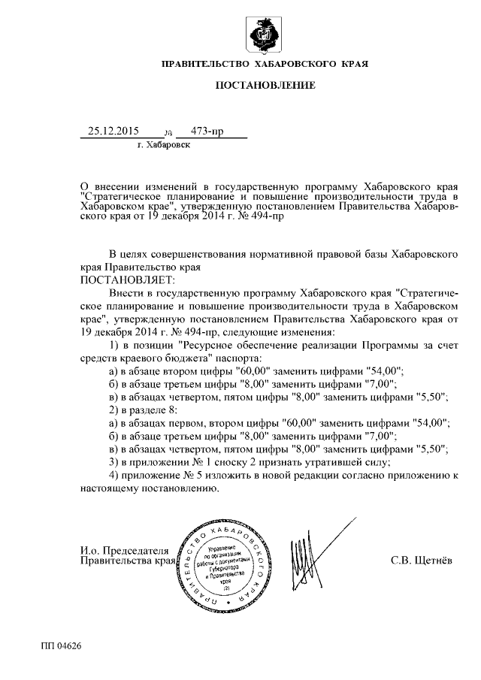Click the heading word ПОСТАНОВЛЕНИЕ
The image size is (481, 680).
[x=265, y=86]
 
